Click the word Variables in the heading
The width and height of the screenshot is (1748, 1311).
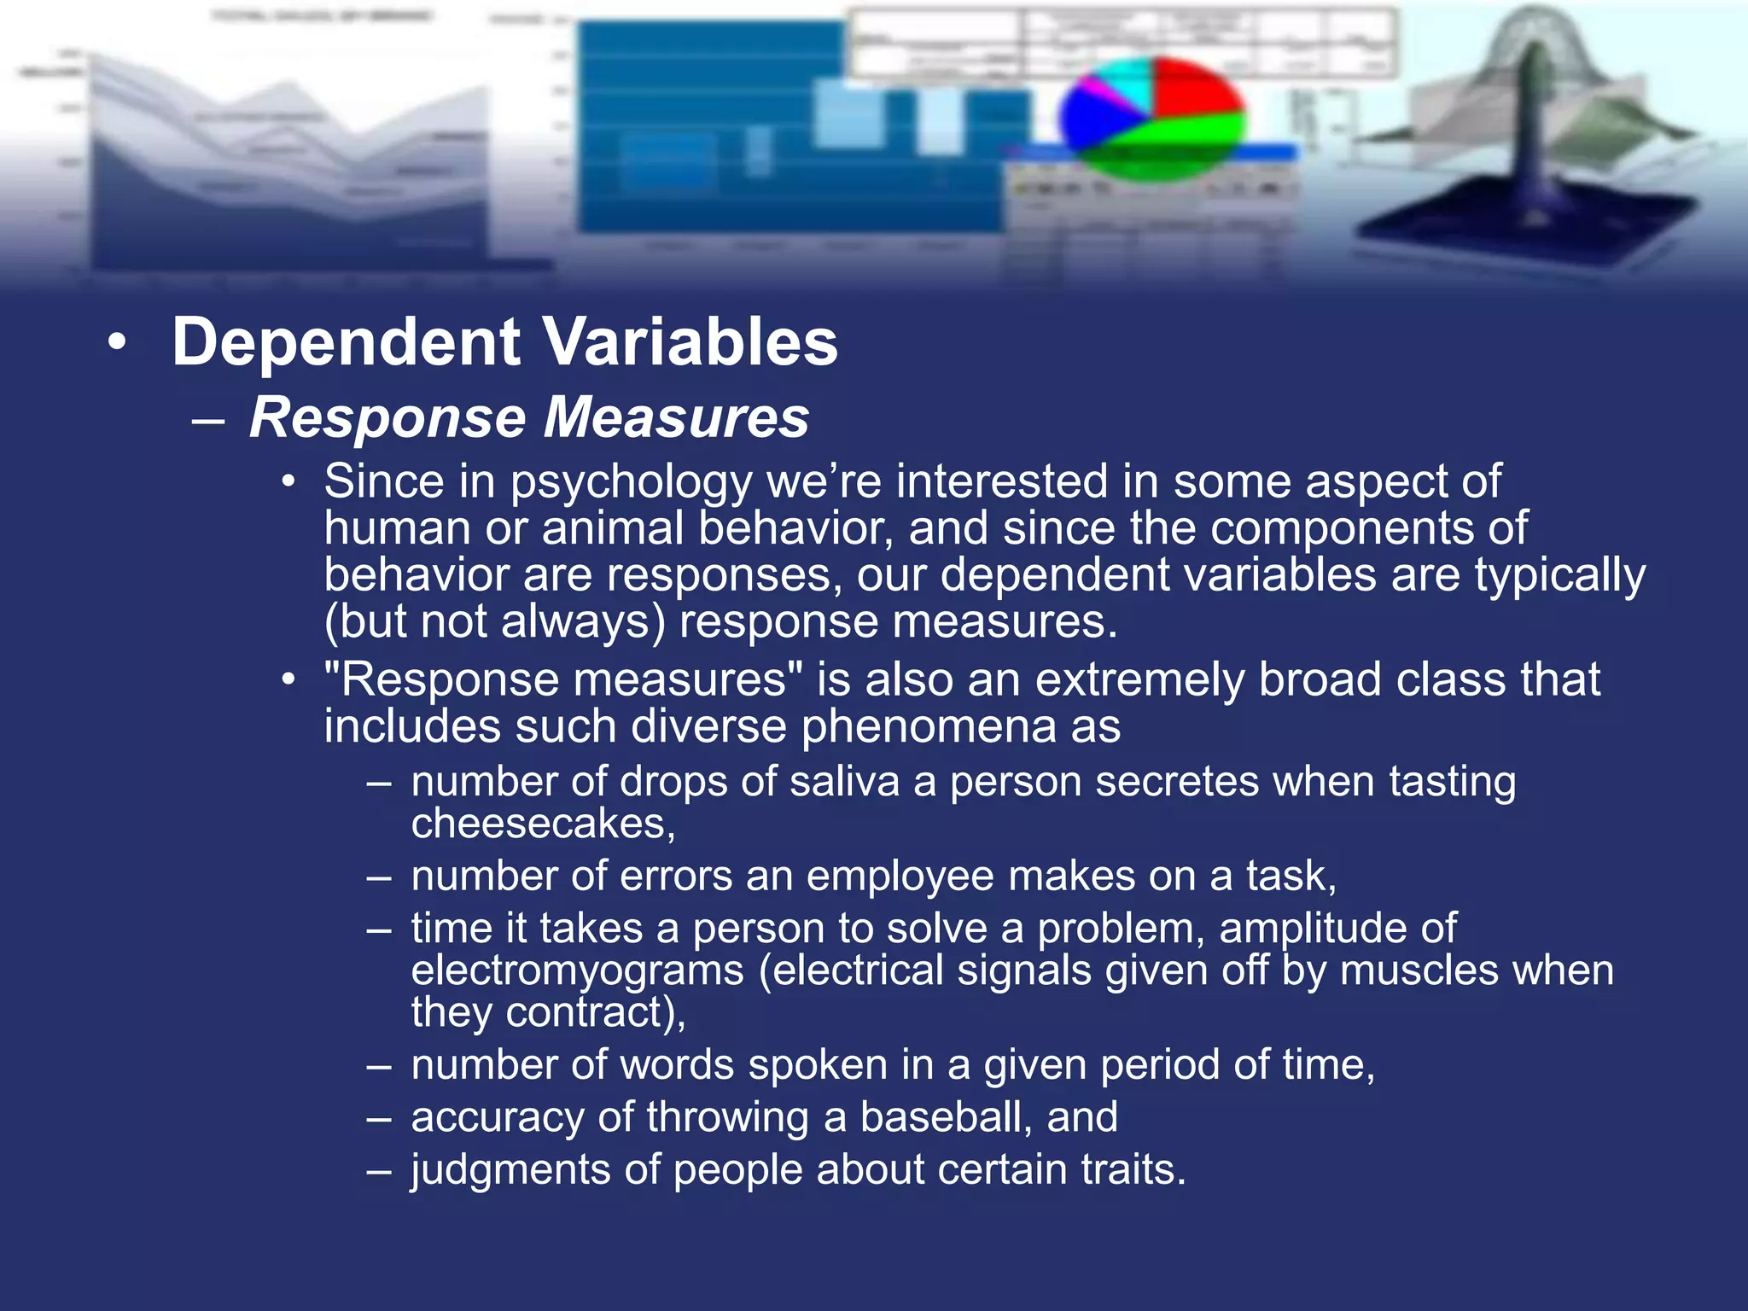click(690, 342)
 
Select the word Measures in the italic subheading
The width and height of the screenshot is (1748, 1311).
click(676, 417)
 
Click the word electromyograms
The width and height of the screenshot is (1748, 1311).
click(577, 970)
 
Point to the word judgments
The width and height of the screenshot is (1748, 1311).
click(510, 1170)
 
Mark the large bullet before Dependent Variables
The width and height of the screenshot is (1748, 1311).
click(117, 343)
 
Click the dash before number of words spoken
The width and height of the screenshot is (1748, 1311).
click(379, 1066)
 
